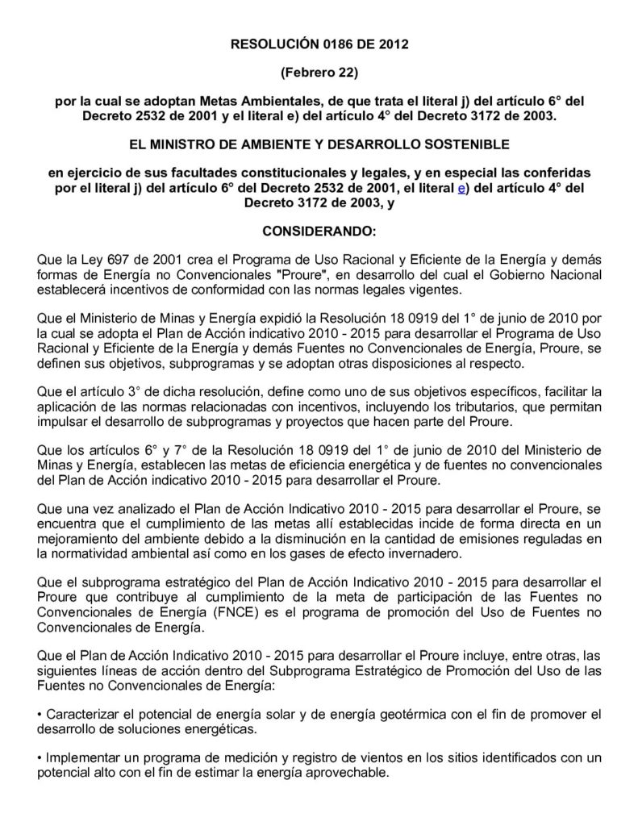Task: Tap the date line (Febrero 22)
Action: pos(319,73)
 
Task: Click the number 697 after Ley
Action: pos(110,261)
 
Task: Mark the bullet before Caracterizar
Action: pos(41,715)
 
